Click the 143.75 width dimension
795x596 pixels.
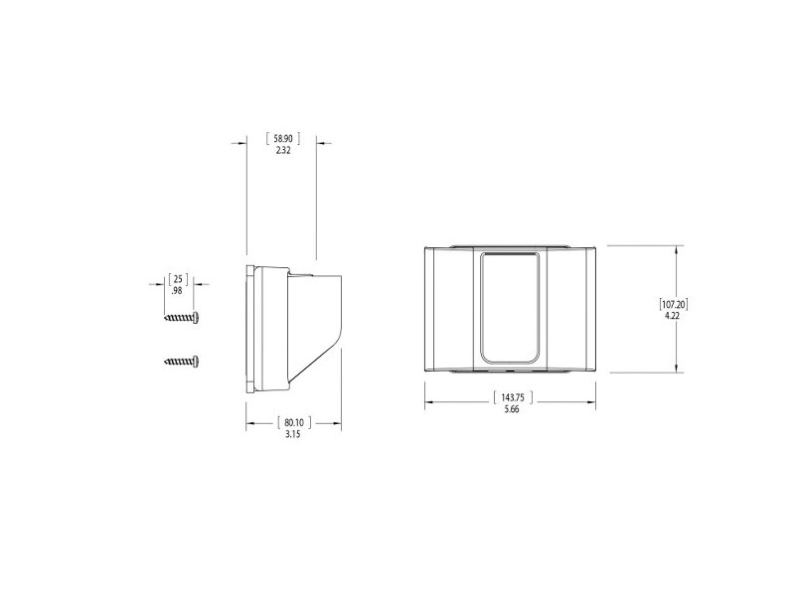[511, 397]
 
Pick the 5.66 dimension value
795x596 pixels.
[511, 410]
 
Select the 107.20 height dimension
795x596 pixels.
[674, 302]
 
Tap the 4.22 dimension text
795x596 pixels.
[673, 315]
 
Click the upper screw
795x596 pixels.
[184, 317]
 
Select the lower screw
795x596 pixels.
[184, 362]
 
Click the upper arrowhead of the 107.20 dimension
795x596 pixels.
[678, 250]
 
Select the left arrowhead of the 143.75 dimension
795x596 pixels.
[429, 403]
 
